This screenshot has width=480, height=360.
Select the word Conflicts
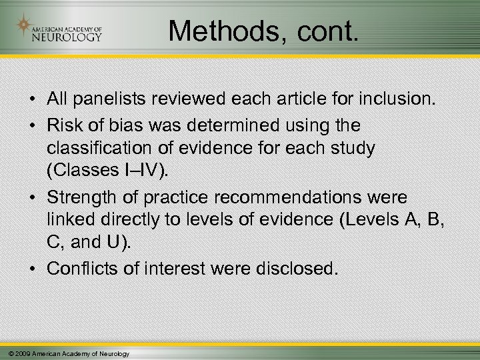click(83, 270)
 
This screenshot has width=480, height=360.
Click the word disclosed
click(297, 270)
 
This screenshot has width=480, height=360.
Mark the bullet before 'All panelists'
click(31, 101)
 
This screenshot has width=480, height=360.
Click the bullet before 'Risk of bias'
click(31, 125)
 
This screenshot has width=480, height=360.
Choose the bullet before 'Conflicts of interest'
click(31, 270)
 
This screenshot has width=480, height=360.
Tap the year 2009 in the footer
click(21, 353)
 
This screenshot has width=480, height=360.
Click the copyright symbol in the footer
click(6, 353)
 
